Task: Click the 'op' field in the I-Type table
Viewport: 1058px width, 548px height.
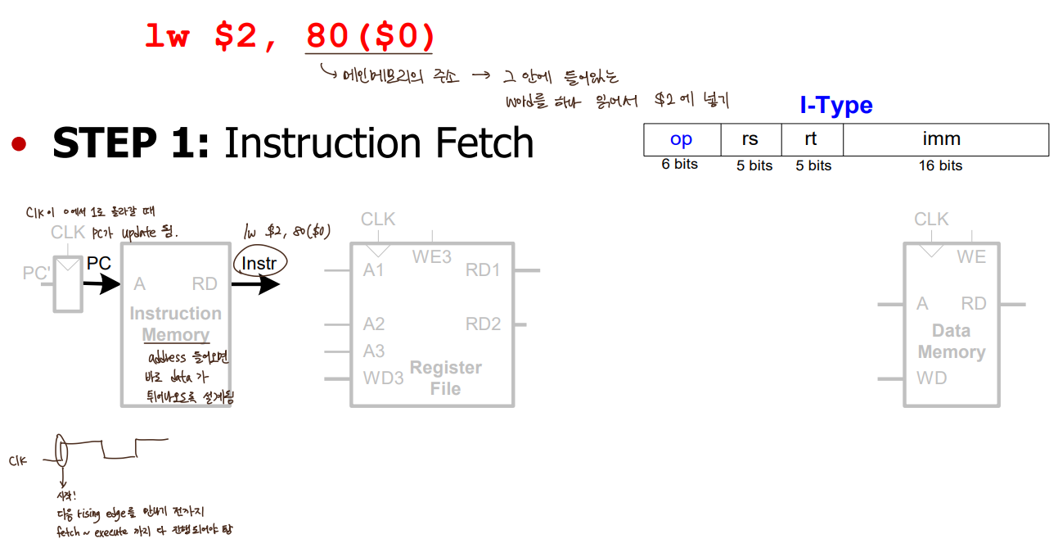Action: tap(681, 140)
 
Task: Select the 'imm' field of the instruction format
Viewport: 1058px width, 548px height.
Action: tap(941, 140)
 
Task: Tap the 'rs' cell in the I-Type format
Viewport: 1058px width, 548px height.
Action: tap(750, 140)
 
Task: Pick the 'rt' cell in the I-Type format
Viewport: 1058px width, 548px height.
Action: tap(811, 140)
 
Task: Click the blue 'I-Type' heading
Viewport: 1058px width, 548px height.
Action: tap(835, 106)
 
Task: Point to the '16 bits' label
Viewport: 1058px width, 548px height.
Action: tap(940, 165)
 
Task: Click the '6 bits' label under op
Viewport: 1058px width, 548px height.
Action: tap(680, 165)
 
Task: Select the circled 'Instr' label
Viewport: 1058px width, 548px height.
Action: tap(260, 264)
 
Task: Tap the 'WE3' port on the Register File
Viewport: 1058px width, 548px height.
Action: tap(431, 257)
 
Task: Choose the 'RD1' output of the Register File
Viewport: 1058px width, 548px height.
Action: tap(483, 270)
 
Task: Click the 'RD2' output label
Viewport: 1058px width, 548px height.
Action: tap(483, 324)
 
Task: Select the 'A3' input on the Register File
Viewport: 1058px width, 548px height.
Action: tap(374, 351)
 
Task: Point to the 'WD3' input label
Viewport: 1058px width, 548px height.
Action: tap(384, 378)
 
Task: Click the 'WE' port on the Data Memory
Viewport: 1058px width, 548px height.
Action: tap(971, 257)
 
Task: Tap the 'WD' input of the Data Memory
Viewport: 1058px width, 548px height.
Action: tap(931, 378)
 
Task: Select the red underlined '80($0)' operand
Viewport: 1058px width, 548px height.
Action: tap(370, 36)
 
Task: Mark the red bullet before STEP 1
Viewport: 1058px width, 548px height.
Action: tap(19, 145)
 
